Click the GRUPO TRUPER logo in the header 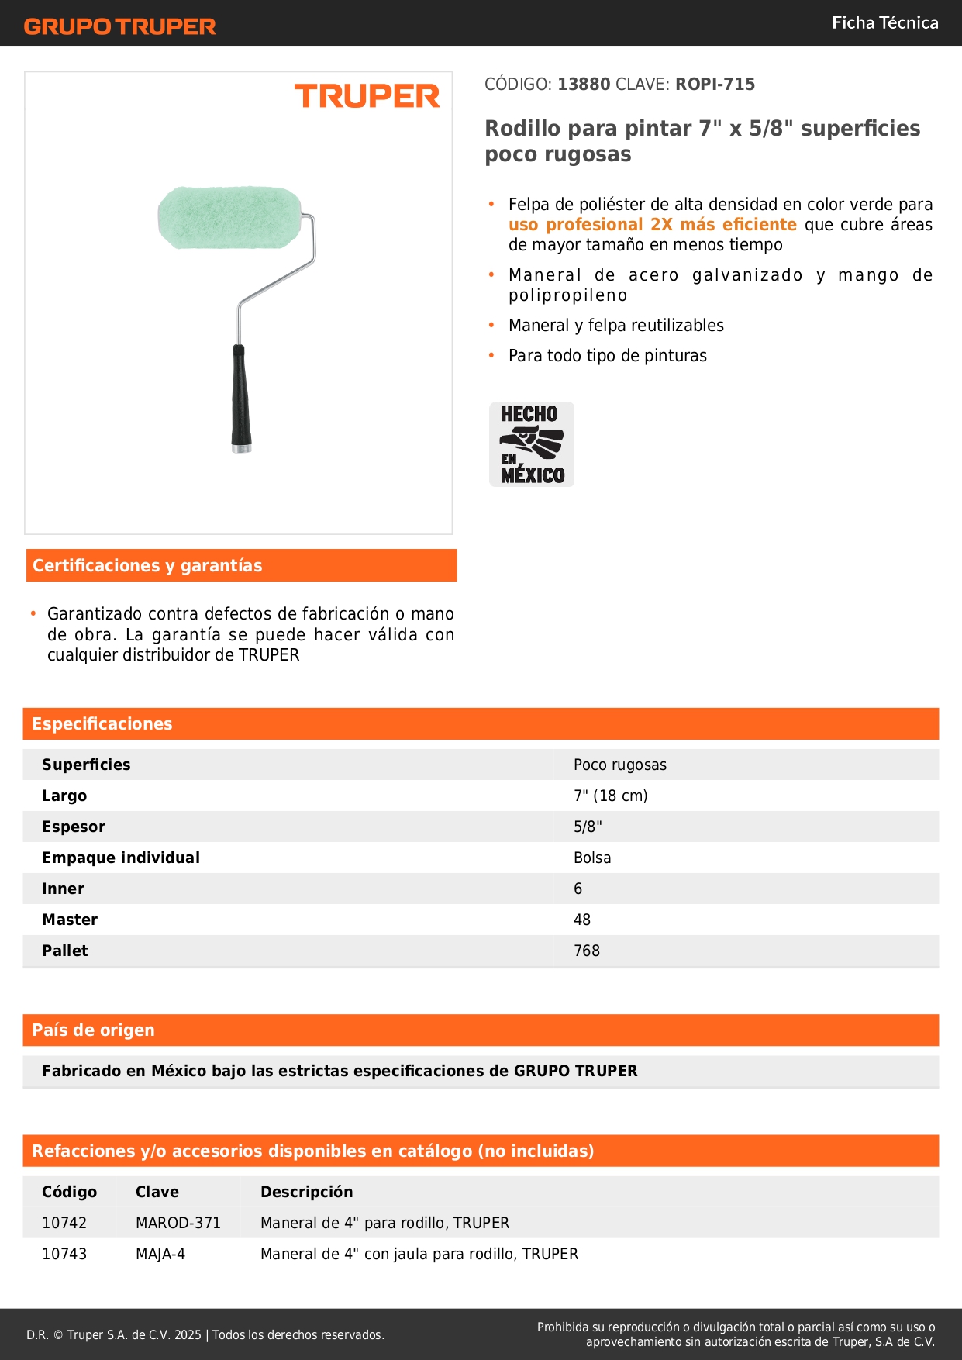(x=119, y=26)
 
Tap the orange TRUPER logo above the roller (x=367, y=96)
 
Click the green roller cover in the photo (x=229, y=218)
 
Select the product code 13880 (x=584, y=85)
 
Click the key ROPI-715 (x=715, y=85)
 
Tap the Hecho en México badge (x=532, y=444)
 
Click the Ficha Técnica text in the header (x=884, y=23)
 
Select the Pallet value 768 (x=587, y=951)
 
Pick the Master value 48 (x=582, y=920)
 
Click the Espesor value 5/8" (x=588, y=827)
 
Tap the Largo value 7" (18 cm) (x=610, y=796)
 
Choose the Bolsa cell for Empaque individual (x=592, y=858)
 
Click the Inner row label (x=63, y=889)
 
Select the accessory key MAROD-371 (x=178, y=1223)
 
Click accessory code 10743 (x=64, y=1254)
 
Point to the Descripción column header (x=306, y=1192)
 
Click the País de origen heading (x=93, y=1030)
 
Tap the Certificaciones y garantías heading (x=147, y=565)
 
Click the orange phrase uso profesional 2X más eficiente (x=652, y=225)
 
